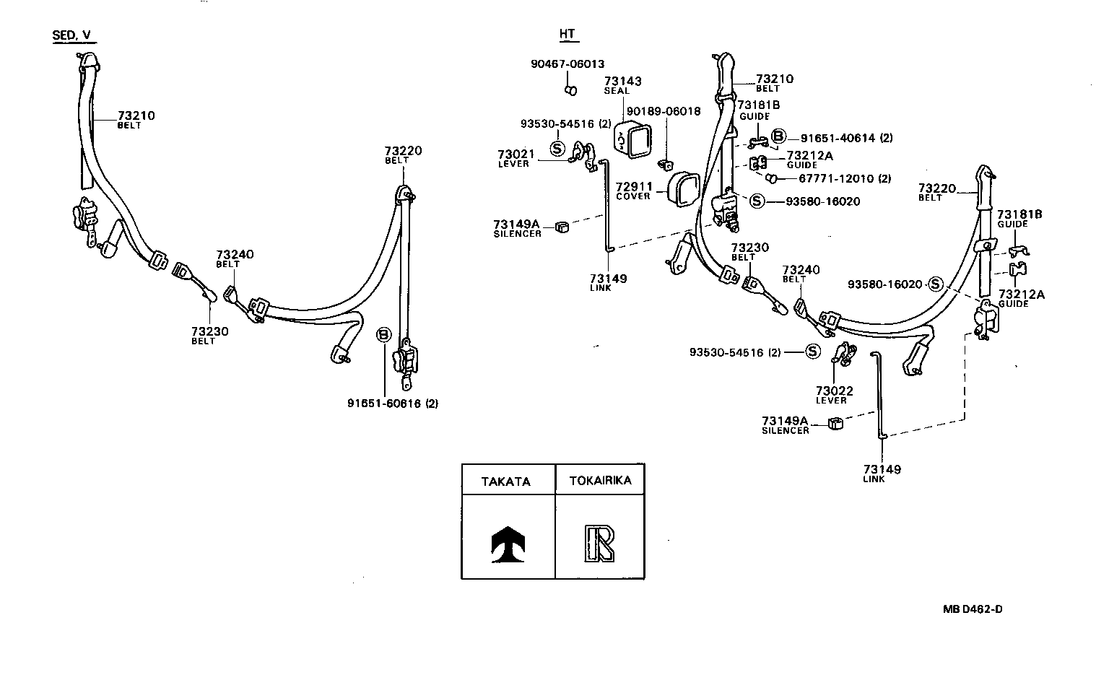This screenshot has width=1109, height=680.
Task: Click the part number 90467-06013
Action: pos(567,64)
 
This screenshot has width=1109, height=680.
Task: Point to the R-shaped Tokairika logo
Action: pos(599,544)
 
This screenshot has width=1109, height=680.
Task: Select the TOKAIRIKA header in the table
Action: pos(600,481)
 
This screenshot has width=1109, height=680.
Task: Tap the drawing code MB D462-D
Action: pos(972,609)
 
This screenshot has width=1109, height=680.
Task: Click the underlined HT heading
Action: pos(569,35)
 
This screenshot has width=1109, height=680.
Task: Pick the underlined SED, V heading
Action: pos(74,35)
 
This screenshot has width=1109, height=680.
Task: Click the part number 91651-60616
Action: pos(385,404)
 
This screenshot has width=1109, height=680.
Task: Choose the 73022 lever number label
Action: pos(835,391)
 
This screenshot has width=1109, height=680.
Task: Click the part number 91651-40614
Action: pos(835,138)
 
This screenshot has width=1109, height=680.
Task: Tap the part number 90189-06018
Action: pos(663,111)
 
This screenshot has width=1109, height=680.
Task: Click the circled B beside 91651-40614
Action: pos(778,136)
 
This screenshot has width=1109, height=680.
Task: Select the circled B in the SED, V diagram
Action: pos(383,334)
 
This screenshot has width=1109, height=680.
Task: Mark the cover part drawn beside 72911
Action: pos(681,189)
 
